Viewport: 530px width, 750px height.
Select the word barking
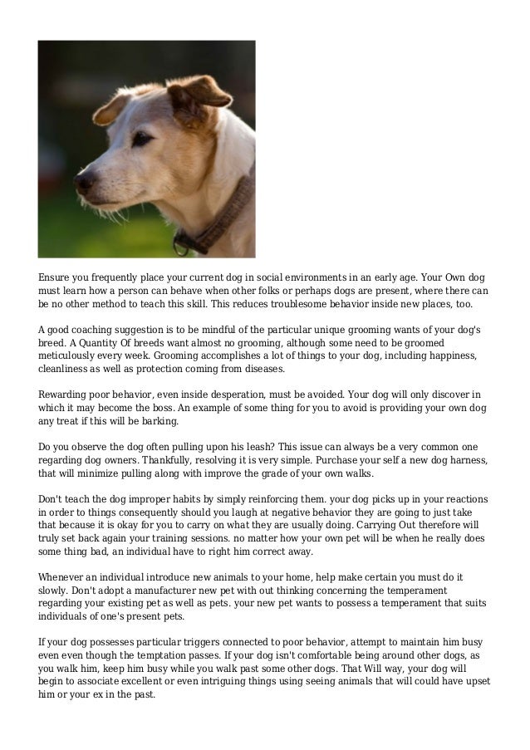coord(155,422)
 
